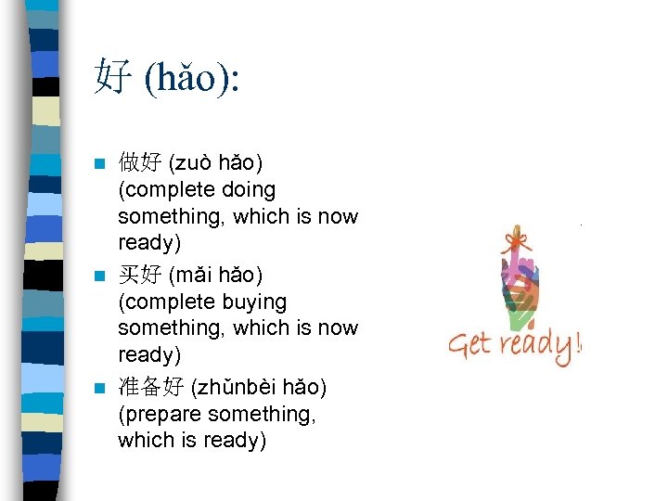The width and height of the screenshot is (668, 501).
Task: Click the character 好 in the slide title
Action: coord(112,77)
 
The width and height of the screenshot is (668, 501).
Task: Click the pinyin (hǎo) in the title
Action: coord(191,78)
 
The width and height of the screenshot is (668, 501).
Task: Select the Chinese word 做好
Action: coord(139,163)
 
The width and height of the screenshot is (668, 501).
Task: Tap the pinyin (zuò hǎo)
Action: coord(215,163)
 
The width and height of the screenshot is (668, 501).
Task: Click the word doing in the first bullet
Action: coord(244,190)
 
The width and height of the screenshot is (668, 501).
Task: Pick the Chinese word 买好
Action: coord(139,276)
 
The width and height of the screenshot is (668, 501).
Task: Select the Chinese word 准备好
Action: coord(150,387)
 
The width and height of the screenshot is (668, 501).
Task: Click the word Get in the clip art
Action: coord(469,345)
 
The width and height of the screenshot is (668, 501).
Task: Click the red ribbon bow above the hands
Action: coord(513,243)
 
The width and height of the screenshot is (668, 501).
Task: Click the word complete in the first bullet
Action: coord(161,190)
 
